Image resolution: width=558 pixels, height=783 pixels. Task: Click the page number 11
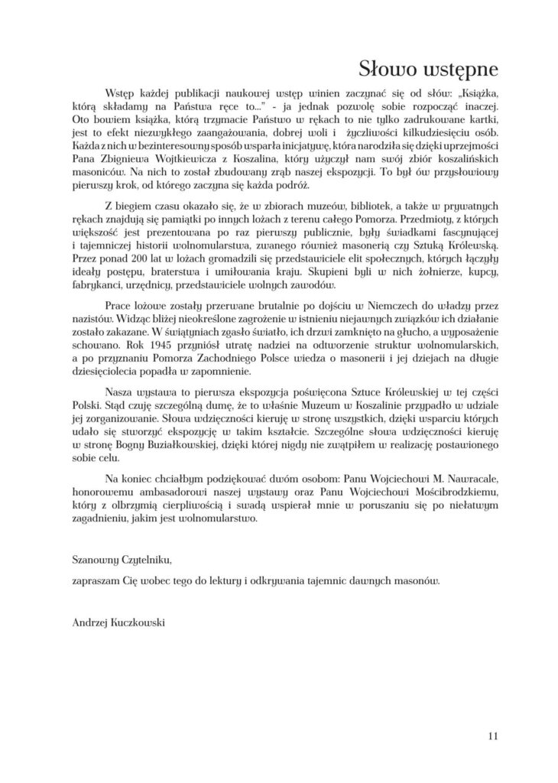492,736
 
